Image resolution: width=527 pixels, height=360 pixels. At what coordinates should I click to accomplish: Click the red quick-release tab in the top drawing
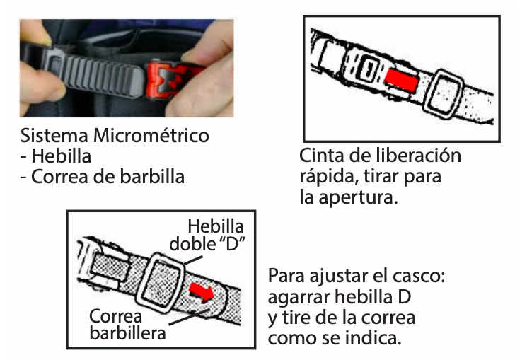click(401, 81)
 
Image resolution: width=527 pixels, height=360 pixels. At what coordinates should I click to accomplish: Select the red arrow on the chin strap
click(202, 292)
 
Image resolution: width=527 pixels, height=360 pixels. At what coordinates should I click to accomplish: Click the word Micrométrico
click(151, 136)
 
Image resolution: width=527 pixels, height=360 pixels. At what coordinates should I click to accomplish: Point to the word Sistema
click(54, 136)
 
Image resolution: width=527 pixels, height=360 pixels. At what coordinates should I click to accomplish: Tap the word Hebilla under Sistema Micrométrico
click(61, 156)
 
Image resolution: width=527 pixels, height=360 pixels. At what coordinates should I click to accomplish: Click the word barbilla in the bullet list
click(152, 177)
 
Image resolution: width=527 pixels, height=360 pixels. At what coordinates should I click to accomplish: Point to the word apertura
click(358, 197)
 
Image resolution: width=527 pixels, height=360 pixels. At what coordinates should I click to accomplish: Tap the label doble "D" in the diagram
click(207, 244)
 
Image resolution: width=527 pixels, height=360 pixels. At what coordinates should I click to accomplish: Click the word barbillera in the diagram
click(128, 333)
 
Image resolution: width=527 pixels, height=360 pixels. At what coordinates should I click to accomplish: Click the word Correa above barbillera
click(115, 316)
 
